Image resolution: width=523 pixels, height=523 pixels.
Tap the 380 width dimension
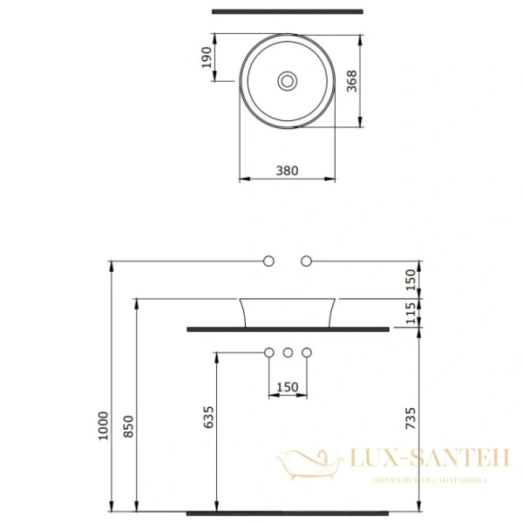pos(288,171)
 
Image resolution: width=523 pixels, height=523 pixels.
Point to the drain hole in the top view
pos(288,81)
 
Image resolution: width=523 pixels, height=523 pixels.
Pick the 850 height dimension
pos(128,425)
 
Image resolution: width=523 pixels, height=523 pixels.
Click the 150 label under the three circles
pos(288,386)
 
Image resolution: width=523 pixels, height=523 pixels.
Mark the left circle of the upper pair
pos(269,261)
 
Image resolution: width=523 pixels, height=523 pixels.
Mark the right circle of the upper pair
pos(306,261)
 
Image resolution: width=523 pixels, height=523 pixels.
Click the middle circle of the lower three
pos(288,352)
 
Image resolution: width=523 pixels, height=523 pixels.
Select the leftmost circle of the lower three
pos(269,352)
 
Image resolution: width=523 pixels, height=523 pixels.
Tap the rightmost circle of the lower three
pos(306,352)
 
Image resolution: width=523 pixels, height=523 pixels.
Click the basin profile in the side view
pos(288,312)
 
